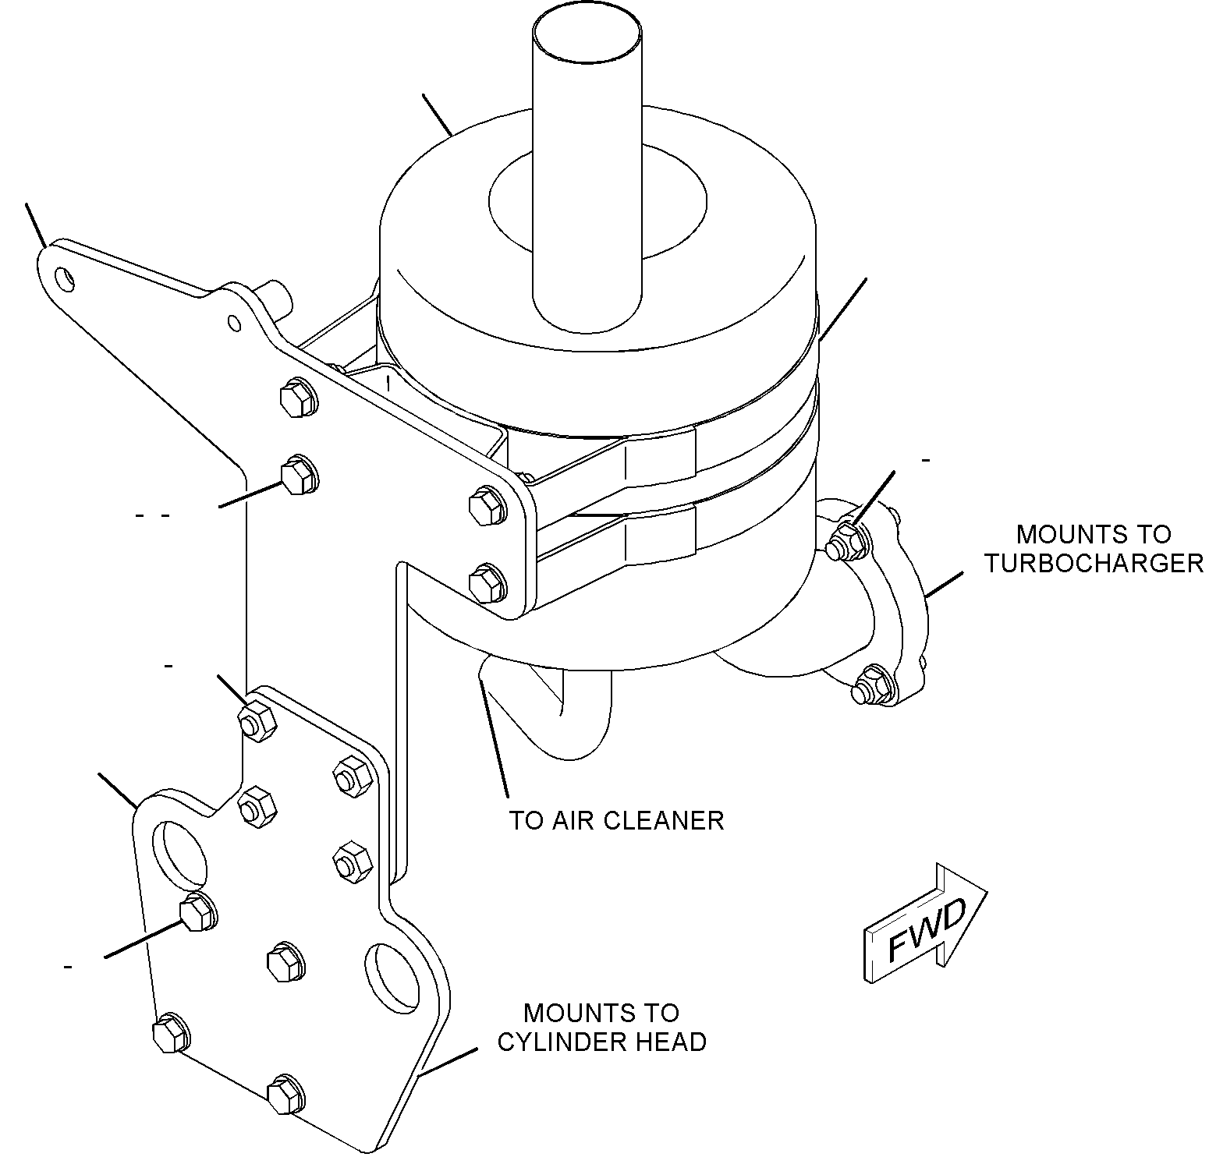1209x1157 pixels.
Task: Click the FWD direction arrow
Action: pos(925,923)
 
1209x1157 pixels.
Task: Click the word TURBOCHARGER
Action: pos(1094,563)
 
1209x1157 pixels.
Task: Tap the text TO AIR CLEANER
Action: pos(617,820)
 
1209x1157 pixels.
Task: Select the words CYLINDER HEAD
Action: pos(602,1042)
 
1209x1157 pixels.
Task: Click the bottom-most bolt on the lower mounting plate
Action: pos(285,1093)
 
